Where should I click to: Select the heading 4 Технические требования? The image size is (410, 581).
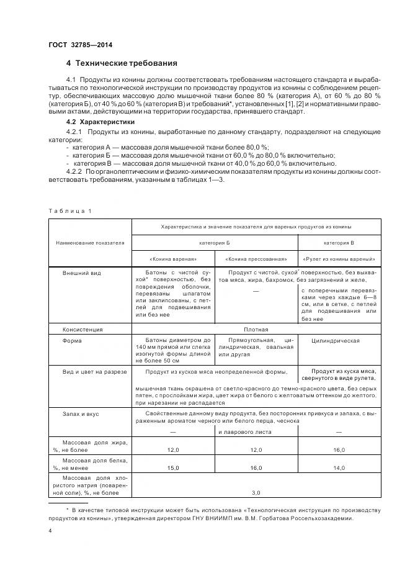(122, 63)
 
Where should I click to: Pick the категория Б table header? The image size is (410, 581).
(215, 243)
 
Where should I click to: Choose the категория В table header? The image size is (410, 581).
(339, 243)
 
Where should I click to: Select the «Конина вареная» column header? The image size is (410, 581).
(173, 259)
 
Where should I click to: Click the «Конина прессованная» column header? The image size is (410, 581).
(256, 259)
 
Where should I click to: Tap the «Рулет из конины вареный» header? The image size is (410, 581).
(339, 259)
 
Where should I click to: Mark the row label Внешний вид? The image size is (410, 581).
(81, 272)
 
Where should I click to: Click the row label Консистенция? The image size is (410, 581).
(82, 330)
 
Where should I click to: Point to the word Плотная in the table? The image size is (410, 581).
(256, 330)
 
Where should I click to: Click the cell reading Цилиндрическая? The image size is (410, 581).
(338, 340)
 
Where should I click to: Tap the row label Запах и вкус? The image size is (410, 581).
(81, 413)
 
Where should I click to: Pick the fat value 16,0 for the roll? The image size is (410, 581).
(339, 449)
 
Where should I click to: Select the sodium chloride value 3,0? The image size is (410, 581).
(256, 492)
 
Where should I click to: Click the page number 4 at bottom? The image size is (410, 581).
(50, 531)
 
